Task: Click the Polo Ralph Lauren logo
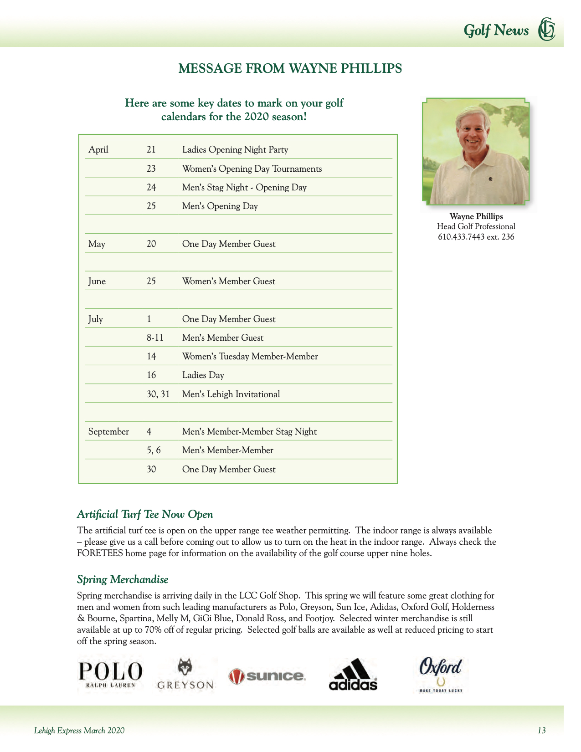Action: pos(110,675)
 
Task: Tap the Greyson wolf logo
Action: pos(185,674)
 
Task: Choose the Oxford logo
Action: pos(440,675)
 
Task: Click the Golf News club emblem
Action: pos(546,30)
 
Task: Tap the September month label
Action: pos(108,432)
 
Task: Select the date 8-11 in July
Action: pos(155,338)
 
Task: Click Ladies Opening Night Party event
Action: pos(235,150)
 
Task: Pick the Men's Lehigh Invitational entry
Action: pos(231,394)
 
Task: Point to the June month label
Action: pos(97,281)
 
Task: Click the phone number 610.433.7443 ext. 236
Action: pos(476,237)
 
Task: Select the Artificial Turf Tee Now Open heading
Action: pos(145,515)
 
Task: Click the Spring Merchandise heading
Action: pos(123,580)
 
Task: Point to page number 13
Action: pos(541,731)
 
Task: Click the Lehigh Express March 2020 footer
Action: pos(79,731)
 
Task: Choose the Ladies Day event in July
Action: pos(203,375)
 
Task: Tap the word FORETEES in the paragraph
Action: pos(100,554)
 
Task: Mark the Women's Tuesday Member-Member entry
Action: pos(250,357)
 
